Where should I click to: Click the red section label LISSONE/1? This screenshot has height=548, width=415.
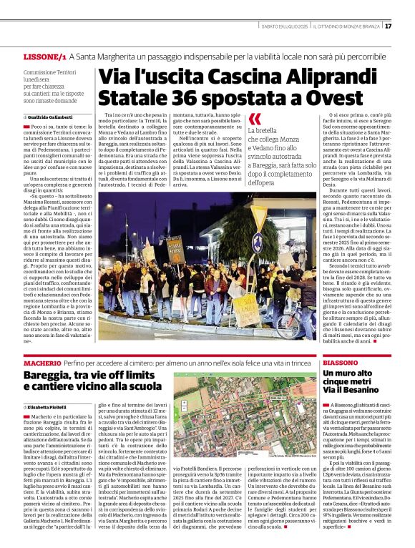[44, 56]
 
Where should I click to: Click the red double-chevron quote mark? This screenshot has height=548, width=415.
[255, 119]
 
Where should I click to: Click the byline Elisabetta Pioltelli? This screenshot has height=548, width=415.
[48, 406]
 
